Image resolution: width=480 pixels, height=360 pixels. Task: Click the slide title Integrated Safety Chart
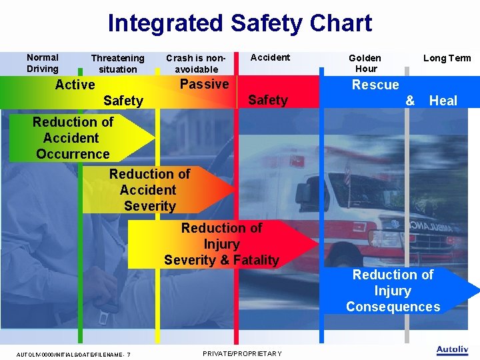click(x=239, y=23)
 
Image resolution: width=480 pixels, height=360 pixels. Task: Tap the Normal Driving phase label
click(x=43, y=63)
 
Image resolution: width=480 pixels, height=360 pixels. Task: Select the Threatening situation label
click(x=117, y=64)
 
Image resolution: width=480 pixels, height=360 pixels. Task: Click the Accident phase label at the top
click(x=270, y=58)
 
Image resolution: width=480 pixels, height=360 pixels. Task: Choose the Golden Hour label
click(x=365, y=63)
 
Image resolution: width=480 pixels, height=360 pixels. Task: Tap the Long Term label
click(x=447, y=58)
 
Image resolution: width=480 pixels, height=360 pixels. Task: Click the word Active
click(x=75, y=85)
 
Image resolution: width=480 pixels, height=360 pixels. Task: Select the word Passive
click(x=204, y=84)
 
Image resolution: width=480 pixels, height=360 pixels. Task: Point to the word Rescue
click(x=375, y=85)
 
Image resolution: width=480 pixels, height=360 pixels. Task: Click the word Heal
click(x=443, y=101)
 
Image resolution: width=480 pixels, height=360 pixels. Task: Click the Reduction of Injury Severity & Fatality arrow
click(x=222, y=244)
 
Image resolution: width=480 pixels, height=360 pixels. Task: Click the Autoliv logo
click(x=452, y=349)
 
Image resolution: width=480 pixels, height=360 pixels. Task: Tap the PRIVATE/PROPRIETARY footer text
click(x=241, y=353)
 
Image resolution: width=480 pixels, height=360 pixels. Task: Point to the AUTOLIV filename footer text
click(x=73, y=354)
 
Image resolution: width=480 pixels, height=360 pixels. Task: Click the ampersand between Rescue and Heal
click(x=410, y=101)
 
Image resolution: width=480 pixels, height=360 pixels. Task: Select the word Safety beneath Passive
click(x=267, y=100)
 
